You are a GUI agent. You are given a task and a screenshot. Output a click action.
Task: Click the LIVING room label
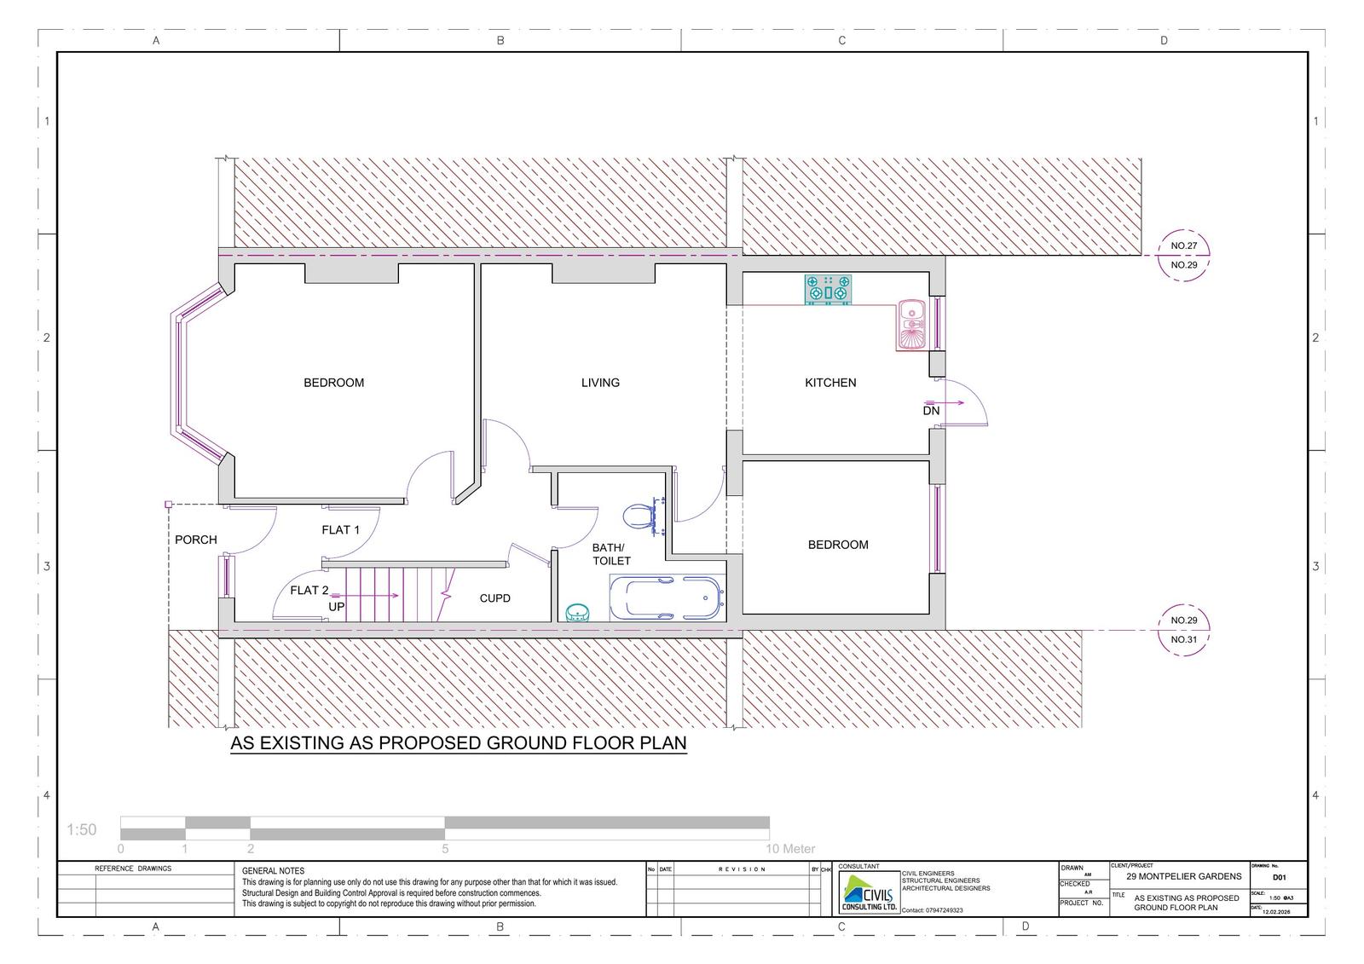click(x=600, y=383)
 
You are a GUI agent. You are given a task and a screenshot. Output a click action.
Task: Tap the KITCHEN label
click(x=830, y=383)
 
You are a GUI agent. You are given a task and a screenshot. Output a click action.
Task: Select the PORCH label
click(x=196, y=540)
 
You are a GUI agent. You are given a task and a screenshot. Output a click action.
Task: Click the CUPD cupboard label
click(x=494, y=598)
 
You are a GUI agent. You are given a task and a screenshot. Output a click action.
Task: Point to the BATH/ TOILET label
click(x=610, y=554)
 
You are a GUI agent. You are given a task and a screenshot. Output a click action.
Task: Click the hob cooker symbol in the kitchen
click(x=828, y=290)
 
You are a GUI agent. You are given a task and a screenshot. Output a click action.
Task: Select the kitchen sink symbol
click(x=911, y=325)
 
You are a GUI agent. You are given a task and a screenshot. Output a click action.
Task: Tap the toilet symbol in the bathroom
click(x=639, y=517)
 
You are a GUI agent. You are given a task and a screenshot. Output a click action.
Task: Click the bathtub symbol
click(x=668, y=597)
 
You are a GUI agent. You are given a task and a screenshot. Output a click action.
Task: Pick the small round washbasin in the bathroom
click(x=578, y=612)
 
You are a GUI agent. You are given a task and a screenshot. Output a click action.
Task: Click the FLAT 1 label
click(x=340, y=530)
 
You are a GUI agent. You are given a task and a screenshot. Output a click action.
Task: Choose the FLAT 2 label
click(x=309, y=591)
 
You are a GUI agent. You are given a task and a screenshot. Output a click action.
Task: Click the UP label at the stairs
click(x=337, y=607)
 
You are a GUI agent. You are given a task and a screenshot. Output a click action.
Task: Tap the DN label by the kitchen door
click(x=931, y=411)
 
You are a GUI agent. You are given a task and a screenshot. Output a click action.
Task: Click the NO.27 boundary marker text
click(x=1183, y=245)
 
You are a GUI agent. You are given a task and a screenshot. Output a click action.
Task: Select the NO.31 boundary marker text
click(x=1183, y=639)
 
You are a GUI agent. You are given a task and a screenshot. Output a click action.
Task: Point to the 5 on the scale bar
click(x=445, y=849)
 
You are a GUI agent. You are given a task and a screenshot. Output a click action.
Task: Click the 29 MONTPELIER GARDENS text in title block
click(x=1183, y=876)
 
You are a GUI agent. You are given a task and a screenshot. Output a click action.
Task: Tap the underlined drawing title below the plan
click(x=459, y=743)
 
